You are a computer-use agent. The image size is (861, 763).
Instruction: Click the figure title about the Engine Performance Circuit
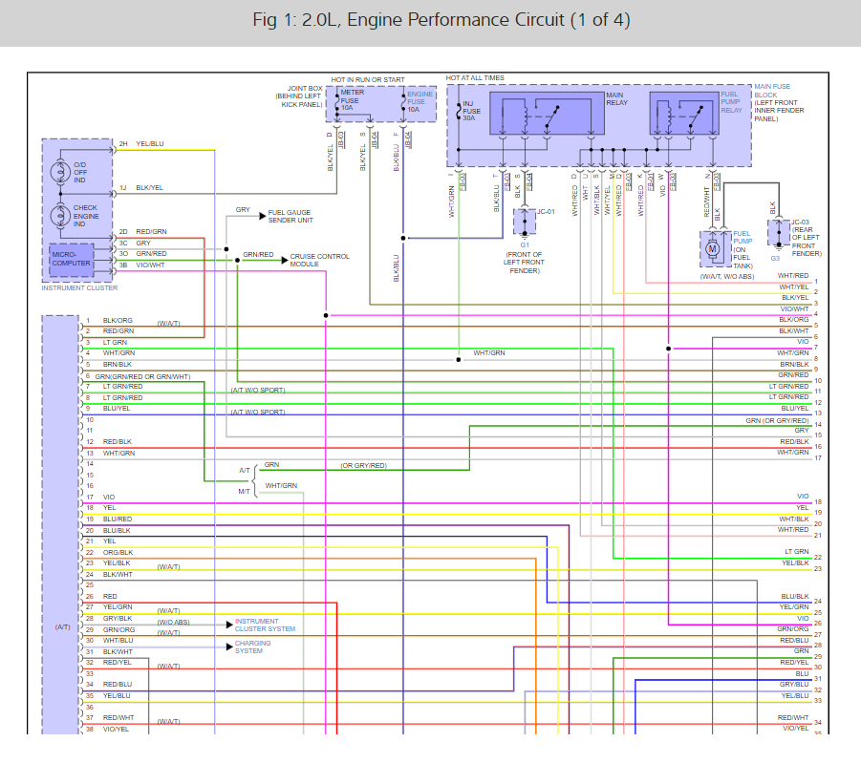pos(430,21)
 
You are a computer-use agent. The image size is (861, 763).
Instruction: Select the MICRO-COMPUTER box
pos(71,259)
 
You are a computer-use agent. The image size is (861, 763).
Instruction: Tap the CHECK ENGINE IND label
pos(85,215)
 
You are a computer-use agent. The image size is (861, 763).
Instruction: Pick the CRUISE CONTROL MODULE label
pos(320,260)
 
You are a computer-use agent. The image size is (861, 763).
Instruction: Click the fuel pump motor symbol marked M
pos(712,249)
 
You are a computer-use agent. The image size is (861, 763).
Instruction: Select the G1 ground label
pos(525,245)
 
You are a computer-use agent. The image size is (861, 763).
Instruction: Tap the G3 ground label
pos(775,258)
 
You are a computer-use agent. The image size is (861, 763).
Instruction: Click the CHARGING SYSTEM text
pos(252,646)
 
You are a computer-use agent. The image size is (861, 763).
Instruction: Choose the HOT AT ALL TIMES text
pos(475,77)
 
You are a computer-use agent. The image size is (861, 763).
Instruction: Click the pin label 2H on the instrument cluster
pos(123,144)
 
